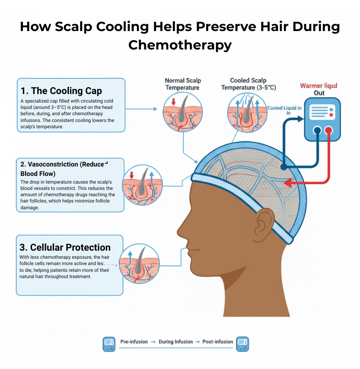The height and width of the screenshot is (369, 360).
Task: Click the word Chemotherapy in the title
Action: tap(180, 45)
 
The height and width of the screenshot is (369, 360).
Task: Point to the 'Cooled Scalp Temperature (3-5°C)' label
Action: tap(248, 84)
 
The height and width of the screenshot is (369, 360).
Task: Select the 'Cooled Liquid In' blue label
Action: tap(284, 108)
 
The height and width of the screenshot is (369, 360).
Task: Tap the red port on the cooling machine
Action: tap(329, 130)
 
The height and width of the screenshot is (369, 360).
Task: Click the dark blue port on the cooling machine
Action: tap(318, 130)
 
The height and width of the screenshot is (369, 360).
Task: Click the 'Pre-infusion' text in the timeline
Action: tap(134, 342)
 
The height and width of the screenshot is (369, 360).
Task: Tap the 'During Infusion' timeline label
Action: tap(175, 342)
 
